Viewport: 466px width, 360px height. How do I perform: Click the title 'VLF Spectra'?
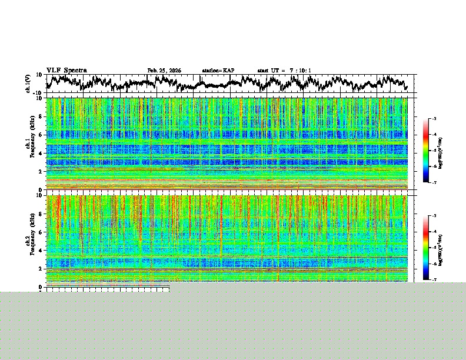[x=66, y=71]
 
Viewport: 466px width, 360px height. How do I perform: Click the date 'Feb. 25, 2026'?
[x=164, y=71]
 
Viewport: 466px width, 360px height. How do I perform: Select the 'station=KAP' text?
[x=218, y=71]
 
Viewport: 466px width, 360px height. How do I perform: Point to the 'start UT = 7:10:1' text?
[x=284, y=71]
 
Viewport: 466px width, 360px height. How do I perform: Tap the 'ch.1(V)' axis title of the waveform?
[x=28, y=84]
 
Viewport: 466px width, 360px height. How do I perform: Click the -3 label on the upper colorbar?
[x=434, y=119]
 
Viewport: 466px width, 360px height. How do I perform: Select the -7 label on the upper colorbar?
[x=434, y=182]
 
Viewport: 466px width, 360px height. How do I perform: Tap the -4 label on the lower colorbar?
[x=434, y=232]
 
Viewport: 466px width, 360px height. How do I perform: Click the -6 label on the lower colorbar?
[x=434, y=264]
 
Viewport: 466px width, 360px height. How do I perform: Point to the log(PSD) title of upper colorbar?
[x=441, y=151]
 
